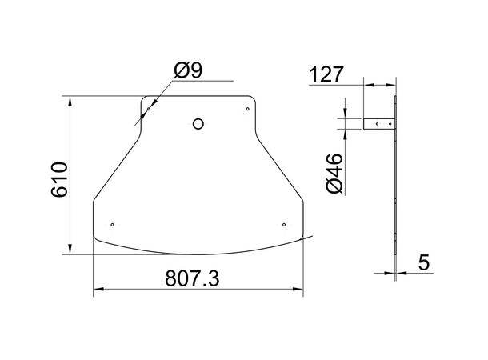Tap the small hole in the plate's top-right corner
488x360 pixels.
click(248, 109)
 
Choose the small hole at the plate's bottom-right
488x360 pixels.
click(284, 224)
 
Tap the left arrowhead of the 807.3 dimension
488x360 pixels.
click(98, 290)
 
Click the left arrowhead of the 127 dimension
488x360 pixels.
click(368, 84)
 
